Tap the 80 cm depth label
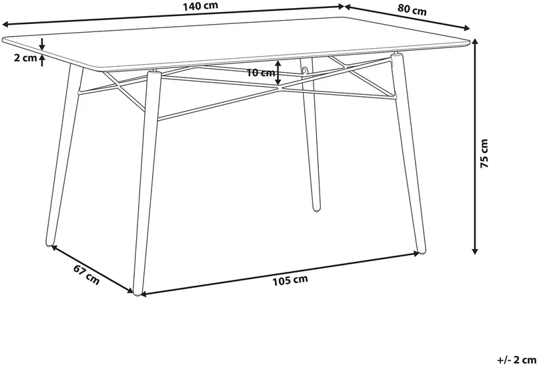(x=412, y=9)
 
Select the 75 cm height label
(x=484, y=153)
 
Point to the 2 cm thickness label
(x=25, y=58)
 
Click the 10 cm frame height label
(x=261, y=73)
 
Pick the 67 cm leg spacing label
(x=86, y=274)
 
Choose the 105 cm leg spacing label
(x=290, y=281)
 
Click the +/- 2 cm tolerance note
(x=517, y=360)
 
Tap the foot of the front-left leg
(x=137, y=294)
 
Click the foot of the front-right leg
(x=422, y=252)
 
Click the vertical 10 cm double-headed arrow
(x=278, y=73)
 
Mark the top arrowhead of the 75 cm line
(x=475, y=42)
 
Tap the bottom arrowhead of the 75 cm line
(x=475, y=250)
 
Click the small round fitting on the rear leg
(x=304, y=71)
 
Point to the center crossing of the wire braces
(x=280, y=87)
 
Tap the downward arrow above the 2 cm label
(x=42, y=44)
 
